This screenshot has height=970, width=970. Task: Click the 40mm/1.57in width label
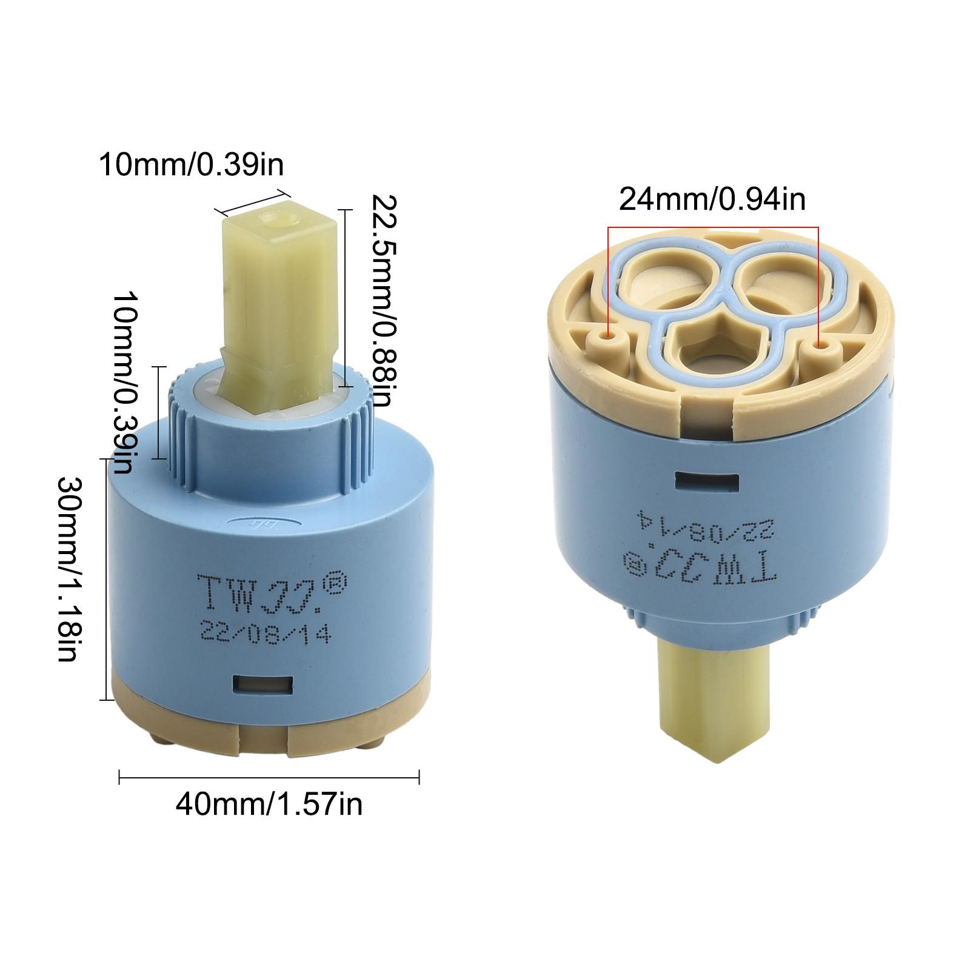269,804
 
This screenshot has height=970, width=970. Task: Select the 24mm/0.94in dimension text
712,199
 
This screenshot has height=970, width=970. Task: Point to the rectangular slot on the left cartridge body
264,685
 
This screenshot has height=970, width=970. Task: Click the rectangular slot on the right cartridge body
707,482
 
